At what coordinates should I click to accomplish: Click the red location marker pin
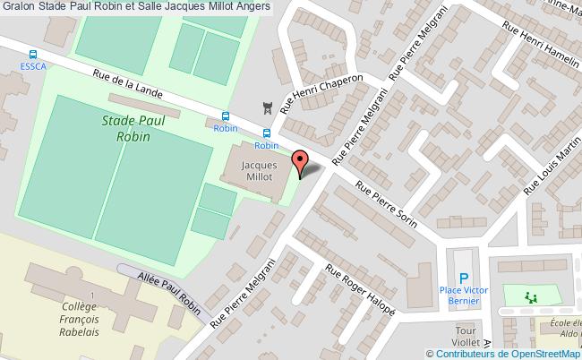301,163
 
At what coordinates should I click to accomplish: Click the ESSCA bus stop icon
33,55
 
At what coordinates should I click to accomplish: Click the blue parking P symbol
463,279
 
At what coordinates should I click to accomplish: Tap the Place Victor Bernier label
463,296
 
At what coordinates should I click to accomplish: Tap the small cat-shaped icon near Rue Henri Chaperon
265,108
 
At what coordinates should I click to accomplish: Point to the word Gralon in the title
20,7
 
